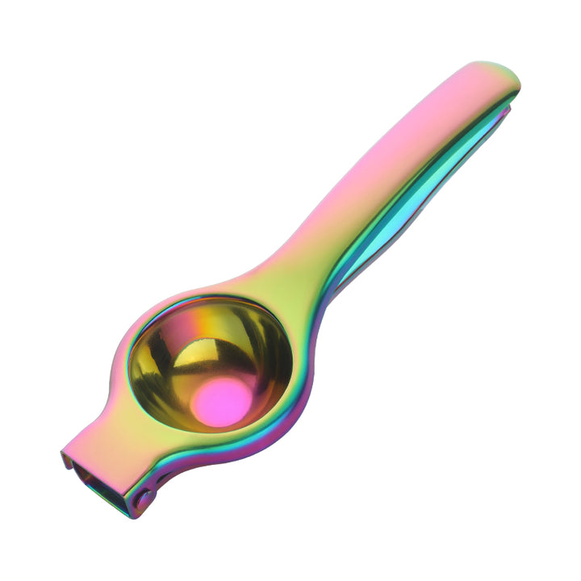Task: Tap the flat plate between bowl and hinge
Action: tap(121, 452)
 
